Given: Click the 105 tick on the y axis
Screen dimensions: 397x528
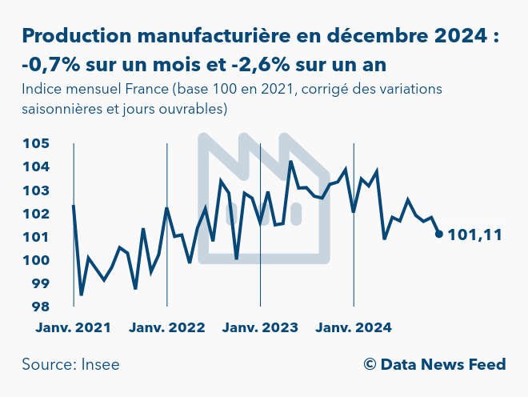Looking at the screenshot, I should [x=37, y=144].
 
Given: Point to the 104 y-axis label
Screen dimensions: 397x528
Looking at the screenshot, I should [x=37, y=167].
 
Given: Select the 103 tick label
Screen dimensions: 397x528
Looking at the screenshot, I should [x=37, y=190].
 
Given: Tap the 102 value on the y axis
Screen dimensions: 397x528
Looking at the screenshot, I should [x=37, y=214].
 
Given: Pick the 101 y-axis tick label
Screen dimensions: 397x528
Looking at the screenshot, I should [x=37, y=237].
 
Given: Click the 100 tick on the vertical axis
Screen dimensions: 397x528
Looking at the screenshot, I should [x=37, y=260].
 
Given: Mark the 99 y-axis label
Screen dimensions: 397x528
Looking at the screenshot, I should [x=41, y=283].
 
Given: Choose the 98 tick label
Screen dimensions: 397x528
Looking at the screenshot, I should [x=41, y=307].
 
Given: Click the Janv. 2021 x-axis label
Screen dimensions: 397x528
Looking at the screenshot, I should [x=74, y=327].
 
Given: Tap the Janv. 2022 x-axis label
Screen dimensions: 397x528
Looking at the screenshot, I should [x=167, y=327].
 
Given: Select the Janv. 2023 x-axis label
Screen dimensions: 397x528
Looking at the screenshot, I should [x=261, y=327].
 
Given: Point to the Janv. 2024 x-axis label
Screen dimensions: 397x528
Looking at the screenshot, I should [x=354, y=327].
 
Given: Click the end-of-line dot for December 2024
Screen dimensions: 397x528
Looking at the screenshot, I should [x=438, y=234].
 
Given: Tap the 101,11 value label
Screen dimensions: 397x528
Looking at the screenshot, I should [x=475, y=235].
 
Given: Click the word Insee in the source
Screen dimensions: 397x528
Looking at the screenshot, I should [x=100, y=365].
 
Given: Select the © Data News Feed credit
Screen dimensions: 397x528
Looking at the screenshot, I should [x=434, y=365].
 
